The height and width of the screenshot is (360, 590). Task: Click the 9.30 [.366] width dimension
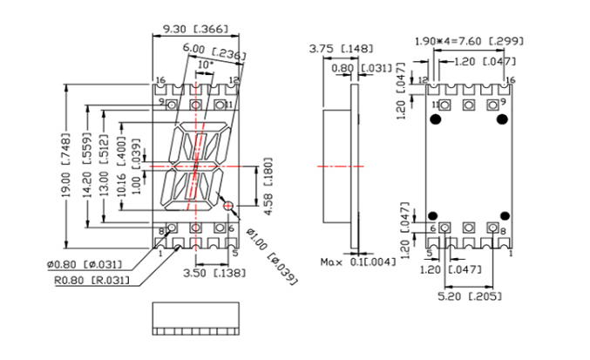click(x=195, y=29)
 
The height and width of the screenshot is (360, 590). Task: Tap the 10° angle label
click(x=206, y=65)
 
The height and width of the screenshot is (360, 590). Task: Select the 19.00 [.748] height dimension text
click(x=66, y=166)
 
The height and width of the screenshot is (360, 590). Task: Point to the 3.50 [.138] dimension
click(x=214, y=273)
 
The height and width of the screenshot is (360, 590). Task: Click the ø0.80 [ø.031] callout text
click(x=85, y=264)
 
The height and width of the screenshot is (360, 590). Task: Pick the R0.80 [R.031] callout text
click(x=92, y=281)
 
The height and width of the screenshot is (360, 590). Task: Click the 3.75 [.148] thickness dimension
click(x=341, y=49)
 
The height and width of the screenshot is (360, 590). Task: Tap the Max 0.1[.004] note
click(x=358, y=262)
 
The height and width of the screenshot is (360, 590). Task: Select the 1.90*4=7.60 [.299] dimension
click(x=469, y=41)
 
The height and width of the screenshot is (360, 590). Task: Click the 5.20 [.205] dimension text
click(x=470, y=296)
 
